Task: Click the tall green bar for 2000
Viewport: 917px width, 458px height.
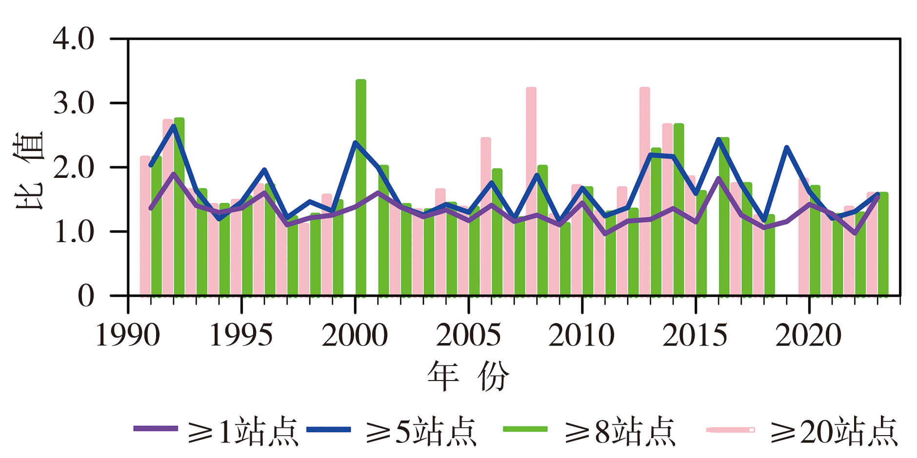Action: pyautogui.click(x=361, y=188)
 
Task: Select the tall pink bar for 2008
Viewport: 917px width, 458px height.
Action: pyautogui.click(x=531, y=191)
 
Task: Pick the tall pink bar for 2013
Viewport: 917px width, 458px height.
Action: pyautogui.click(x=645, y=191)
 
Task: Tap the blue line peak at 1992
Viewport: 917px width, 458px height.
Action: pyautogui.click(x=174, y=126)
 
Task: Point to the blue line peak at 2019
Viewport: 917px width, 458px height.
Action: pyautogui.click(x=786, y=148)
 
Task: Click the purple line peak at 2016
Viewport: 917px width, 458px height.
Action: pyautogui.click(x=718, y=178)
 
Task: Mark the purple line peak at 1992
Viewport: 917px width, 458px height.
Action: pyautogui.click(x=174, y=174)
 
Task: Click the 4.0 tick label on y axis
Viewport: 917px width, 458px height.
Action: pyautogui.click(x=74, y=39)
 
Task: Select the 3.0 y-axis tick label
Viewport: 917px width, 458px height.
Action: pyautogui.click(x=74, y=103)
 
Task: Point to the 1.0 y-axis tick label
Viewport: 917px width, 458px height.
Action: pyautogui.click(x=74, y=231)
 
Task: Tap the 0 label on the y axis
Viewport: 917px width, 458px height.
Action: pyautogui.click(x=86, y=296)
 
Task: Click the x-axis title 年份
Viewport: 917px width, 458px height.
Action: pyautogui.click(x=468, y=376)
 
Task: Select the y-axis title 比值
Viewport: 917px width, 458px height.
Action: pyautogui.click(x=29, y=170)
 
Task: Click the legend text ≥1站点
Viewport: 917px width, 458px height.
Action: pyautogui.click(x=242, y=431)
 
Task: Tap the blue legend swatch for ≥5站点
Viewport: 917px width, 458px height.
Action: pyautogui.click(x=329, y=429)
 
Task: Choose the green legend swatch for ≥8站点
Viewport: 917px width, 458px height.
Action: pyautogui.click(x=525, y=429)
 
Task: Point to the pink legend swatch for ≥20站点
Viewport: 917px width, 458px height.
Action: pyautogui.click(x=730, y=430)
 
